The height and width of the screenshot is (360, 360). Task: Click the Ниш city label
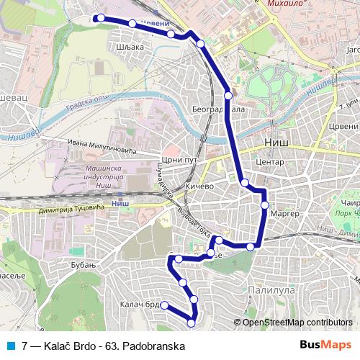point(276,143)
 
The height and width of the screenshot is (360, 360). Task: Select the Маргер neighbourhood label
point(287,215)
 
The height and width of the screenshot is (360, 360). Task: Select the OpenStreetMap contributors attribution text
point(297,322)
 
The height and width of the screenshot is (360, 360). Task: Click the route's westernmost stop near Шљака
point(101,18)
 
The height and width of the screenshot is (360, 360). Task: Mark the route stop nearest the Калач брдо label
point(164,305)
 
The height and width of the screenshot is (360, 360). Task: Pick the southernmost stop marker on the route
point(191,323)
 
